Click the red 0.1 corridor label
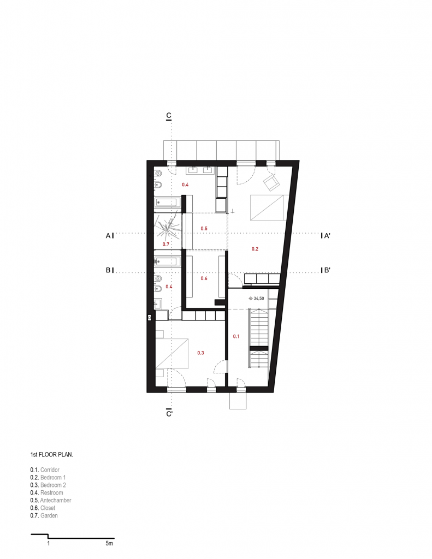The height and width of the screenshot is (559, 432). (236, 336)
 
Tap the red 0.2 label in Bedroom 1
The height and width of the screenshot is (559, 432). (255, 249)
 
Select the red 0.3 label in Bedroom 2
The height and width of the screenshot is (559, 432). (200, 353)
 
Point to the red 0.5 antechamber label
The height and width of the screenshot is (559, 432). (204, 229)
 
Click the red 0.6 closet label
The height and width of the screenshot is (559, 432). (204, 278)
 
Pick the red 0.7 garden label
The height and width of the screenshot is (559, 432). (166, 244)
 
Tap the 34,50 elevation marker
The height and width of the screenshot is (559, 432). (256, 299)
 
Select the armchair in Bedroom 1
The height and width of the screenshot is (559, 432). (271, 182)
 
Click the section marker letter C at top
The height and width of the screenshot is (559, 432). (169, 116)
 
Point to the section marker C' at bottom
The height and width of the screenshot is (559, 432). (169, 414)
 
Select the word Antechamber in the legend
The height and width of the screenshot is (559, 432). (56, 500)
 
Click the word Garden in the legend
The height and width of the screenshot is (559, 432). (49, 515)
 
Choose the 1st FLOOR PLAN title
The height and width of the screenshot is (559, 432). (51, 455)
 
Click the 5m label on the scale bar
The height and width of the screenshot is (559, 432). (109, 543)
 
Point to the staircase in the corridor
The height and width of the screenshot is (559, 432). (259, 338)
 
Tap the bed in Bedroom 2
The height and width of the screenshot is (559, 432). (172, 353)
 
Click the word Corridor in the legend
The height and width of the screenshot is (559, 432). (50, 470)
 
